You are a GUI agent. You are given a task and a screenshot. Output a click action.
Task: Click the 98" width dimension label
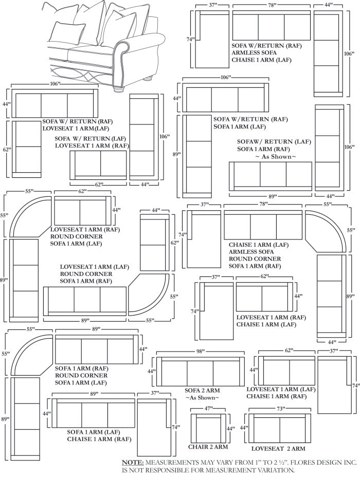[x=201, y=351]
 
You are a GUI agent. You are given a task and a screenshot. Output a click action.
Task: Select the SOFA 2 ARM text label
[x=202, y=391]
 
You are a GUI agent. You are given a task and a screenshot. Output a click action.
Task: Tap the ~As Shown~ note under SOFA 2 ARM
[x=202, y=398]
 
